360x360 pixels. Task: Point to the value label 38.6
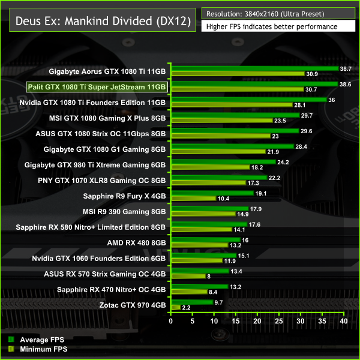pos(345,84)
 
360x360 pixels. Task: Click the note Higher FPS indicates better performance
pos(271,27)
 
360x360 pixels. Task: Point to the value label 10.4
pos(223,199)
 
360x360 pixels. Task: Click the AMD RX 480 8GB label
pos(136,243)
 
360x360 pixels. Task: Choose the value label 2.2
pos(187,308)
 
